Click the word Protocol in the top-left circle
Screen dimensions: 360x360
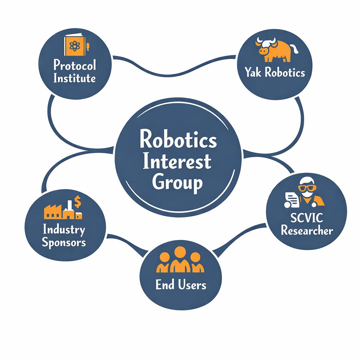point(75,65)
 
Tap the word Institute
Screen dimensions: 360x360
point(75,78)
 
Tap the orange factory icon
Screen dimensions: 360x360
point(63,210)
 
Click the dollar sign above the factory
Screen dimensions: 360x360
point(77,201)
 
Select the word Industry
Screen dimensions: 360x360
point(64,230)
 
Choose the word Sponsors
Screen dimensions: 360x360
point(64,243)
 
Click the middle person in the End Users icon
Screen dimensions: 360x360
point(180,259)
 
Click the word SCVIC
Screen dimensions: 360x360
point(307,217)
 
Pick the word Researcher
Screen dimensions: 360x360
point(307,230)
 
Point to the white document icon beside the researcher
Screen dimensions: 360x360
point(291,200)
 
